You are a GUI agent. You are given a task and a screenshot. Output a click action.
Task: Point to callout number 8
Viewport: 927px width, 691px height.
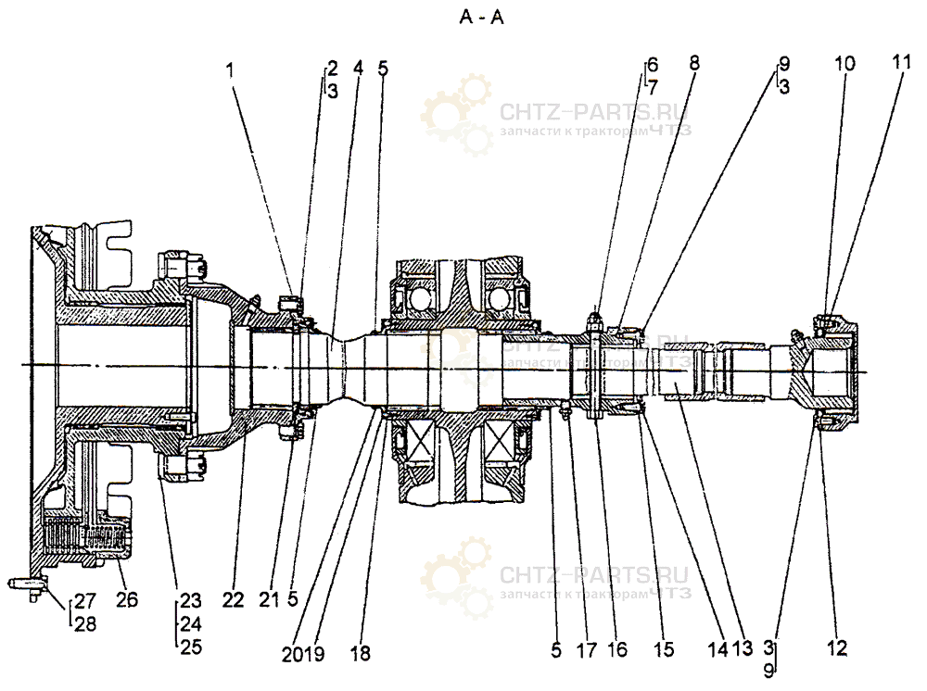tap(694, 64)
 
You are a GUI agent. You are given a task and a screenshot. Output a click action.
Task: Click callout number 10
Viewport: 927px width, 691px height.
tap(845, 64)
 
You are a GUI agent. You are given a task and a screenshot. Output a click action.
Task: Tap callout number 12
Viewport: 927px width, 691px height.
tap(837, 650)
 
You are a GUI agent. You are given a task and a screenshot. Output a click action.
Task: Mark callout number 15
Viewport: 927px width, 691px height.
tap(663, 650)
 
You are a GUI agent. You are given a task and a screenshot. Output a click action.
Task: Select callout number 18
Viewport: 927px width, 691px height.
tap(360, 653)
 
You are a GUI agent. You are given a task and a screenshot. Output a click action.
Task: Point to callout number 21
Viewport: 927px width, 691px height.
tap(269, 599)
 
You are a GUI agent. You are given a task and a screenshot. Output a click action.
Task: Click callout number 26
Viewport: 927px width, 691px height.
tap(127, 599)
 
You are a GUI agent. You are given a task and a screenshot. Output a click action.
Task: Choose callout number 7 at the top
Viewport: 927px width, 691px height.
tap(654, 87)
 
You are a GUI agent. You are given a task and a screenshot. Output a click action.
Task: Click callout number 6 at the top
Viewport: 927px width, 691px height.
tap(653, 65)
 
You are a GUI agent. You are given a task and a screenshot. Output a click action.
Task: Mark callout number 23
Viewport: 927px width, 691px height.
tap(190, 599)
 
